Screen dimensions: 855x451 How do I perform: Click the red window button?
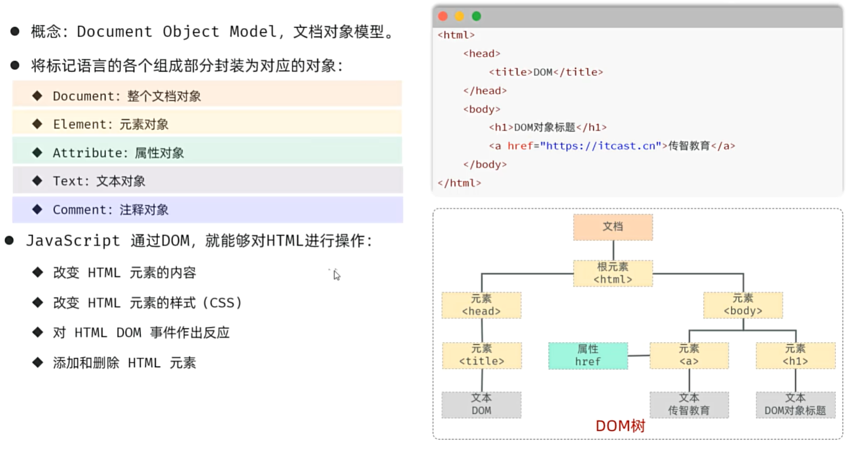click(443, 16)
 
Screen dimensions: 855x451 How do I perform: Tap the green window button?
click(476, 16)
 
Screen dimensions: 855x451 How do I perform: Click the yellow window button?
click(460, 16)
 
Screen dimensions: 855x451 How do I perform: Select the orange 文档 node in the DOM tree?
click(613, 227)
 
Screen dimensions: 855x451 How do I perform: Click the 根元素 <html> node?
click(613, 273)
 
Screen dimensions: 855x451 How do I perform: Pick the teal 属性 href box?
click(588, 356)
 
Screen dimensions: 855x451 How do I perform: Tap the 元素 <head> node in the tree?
click(481, 305)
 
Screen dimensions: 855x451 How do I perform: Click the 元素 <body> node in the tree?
click(743, 305)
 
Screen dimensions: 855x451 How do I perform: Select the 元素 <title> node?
click(482, 356)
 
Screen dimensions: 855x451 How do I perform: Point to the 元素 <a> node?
click(689, 356)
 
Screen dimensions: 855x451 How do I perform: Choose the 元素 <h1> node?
click(795, 356)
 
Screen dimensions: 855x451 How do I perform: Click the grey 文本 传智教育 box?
click(689, 405)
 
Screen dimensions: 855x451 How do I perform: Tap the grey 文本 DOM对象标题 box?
click(795, 405)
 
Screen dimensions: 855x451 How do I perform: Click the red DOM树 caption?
click(620, 426)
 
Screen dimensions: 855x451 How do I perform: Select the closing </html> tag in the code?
click(459, 183)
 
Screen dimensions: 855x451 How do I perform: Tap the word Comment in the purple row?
click(79, 210)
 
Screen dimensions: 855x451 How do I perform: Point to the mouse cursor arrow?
click(336, 275)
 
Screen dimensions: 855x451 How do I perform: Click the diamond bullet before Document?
click(37, 95)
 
